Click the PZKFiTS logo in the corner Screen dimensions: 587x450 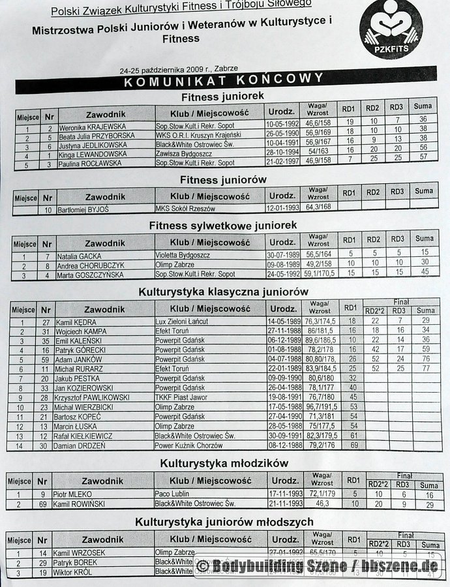[x=391, y=29]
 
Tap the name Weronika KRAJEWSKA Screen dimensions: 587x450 [x=92, y=127]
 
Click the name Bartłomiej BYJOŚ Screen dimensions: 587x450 [x=82, y=209]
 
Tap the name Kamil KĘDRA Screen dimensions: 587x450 [x=74, y=322]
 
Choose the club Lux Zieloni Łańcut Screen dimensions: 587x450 [x=185, y=322]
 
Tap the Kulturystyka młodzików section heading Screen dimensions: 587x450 [x=224, y=463]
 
